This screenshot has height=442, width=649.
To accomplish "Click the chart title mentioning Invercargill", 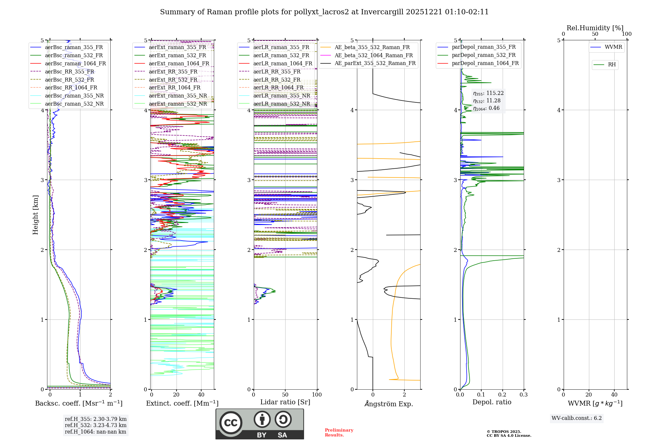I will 324,12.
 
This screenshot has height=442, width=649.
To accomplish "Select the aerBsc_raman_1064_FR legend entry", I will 75,64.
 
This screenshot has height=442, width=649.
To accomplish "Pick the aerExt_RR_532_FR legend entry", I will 173,80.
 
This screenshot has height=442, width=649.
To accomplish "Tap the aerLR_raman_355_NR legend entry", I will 281,96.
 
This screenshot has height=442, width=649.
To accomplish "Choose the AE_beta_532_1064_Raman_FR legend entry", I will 373,55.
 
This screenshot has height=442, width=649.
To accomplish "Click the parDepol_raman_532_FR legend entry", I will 484,55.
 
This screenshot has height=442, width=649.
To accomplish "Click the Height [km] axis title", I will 35,215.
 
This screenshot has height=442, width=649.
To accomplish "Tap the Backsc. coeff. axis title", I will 79,403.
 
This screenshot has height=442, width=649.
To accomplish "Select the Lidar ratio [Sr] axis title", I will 285,402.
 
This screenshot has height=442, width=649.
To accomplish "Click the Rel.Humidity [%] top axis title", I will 595,28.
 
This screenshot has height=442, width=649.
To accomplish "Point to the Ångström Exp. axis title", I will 388,404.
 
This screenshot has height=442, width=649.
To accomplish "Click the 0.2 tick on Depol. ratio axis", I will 502,395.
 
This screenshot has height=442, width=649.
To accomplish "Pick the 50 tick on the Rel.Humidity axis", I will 595,34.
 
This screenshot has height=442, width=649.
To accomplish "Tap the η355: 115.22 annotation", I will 488,93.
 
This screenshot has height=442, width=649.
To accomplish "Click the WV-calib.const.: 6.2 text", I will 576,418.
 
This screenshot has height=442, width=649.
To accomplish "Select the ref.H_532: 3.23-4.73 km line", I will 95,425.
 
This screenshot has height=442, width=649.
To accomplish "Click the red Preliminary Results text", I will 339,433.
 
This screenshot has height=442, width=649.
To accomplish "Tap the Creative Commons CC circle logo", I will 231,423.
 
